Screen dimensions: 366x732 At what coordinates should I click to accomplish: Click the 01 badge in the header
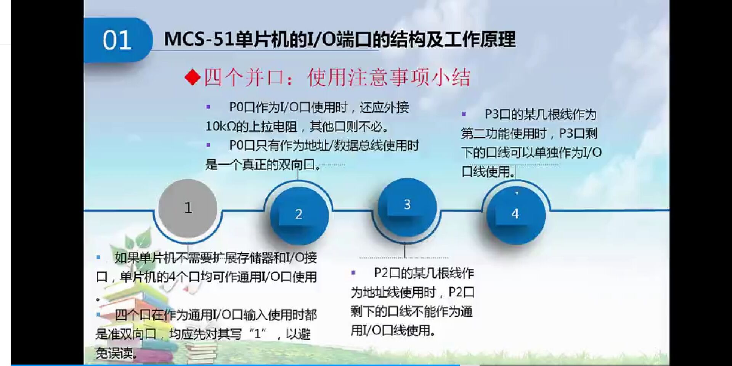[117, 40]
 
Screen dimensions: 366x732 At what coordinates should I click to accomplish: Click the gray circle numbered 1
[188, 208]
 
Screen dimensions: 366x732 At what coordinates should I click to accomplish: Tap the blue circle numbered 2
[299, 214]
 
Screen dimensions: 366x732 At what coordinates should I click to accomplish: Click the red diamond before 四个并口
[193, 77]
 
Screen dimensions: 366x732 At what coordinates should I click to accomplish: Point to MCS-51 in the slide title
[199, 39]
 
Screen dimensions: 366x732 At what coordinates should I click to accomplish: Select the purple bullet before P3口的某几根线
[464, 114]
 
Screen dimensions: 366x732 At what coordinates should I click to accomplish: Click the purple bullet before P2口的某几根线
[353, 273]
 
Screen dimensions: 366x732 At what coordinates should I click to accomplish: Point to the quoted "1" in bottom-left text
[258, 334]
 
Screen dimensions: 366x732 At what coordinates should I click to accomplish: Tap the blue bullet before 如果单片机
[98, 257]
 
